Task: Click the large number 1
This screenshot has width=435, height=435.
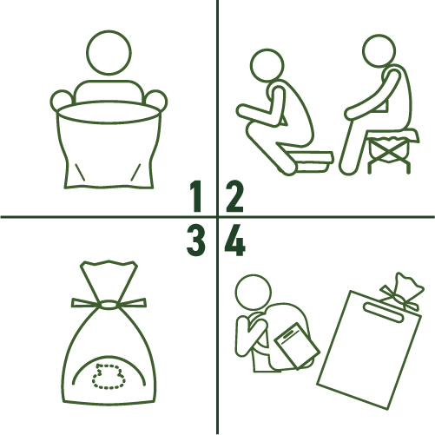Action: (196, 196)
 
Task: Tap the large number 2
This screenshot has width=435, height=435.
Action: (234, 196)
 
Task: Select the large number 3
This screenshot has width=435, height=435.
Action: (196, 241)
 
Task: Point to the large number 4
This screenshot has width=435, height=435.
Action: (235, 241)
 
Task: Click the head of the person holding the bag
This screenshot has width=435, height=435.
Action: (109, 52)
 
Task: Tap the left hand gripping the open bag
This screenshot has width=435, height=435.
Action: (62, 101)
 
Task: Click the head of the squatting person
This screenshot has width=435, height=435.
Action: (267, 65)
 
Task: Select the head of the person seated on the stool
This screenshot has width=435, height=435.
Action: (379, 51)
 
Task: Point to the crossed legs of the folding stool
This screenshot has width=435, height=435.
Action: (388, 154)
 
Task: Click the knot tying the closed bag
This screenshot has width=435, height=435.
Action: (108, 305)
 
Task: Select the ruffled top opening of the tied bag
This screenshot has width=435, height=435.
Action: (109, 267)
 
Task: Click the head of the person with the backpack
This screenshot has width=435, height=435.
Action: (253, 293)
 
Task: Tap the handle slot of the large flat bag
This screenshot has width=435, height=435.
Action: (384, 313)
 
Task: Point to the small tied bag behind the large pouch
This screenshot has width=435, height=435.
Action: (403, 293)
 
